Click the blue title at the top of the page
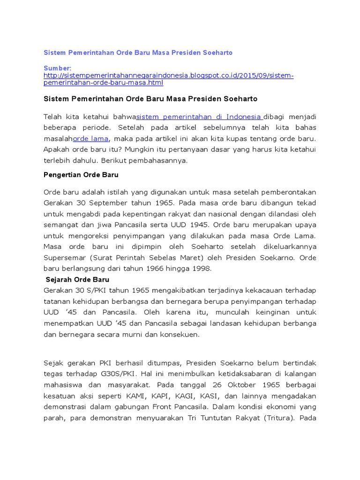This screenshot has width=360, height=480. pyautogui.click(x=138, y=53)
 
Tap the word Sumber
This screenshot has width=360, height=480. pyautogui.click(x=57, y=68)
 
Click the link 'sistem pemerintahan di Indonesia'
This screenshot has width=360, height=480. pyautogui.click(x=199, y=117)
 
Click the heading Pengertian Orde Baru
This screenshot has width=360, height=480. pyautogui.click(x=81, y=175)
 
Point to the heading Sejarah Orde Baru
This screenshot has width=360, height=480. pyautogui.click(x=78, y=280)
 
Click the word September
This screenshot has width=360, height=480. pyautogui.click(x=104, y=203)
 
